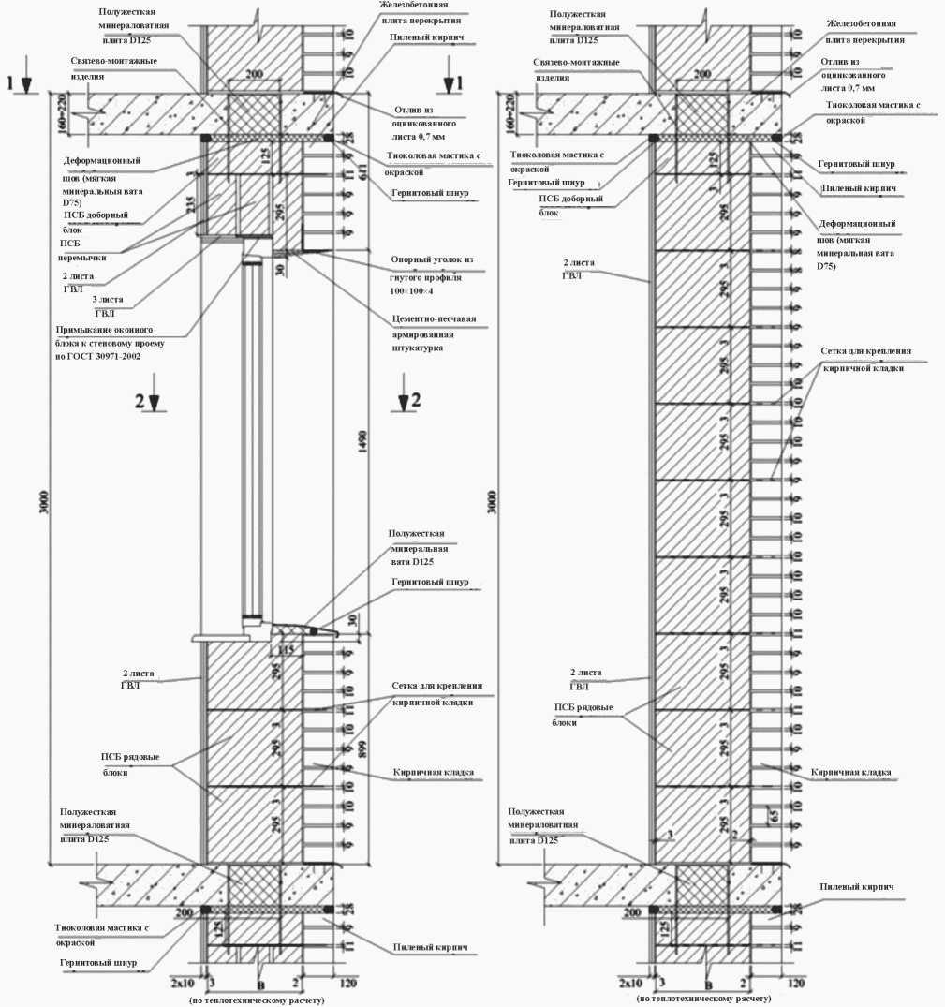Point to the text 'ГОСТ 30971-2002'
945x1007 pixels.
click(x=104, y=357)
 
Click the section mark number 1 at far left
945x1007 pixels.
click(x=10, y=82)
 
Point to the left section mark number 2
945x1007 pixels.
click(x=140, y=400)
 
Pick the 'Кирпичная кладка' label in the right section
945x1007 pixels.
click(x=849, y=773)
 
